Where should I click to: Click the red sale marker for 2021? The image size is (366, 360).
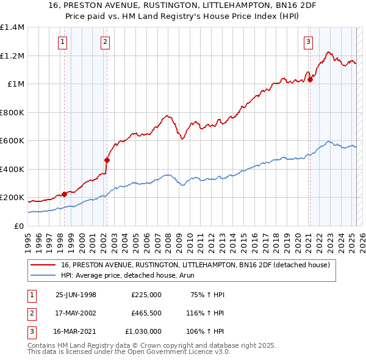310,79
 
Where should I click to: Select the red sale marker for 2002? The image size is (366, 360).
107,160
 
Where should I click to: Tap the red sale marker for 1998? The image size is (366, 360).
65,194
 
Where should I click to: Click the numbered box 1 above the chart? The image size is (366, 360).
63,42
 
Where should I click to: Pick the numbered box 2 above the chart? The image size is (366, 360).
106,42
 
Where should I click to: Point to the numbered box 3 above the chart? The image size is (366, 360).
308,42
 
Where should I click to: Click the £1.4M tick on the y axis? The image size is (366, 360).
12,27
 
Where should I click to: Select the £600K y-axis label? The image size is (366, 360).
12,141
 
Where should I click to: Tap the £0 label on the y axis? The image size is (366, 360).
18,226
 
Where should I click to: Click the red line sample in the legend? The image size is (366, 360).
43,265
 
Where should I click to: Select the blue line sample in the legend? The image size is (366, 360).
43,275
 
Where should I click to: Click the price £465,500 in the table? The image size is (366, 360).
146,313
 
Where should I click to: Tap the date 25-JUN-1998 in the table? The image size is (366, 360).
76,294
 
